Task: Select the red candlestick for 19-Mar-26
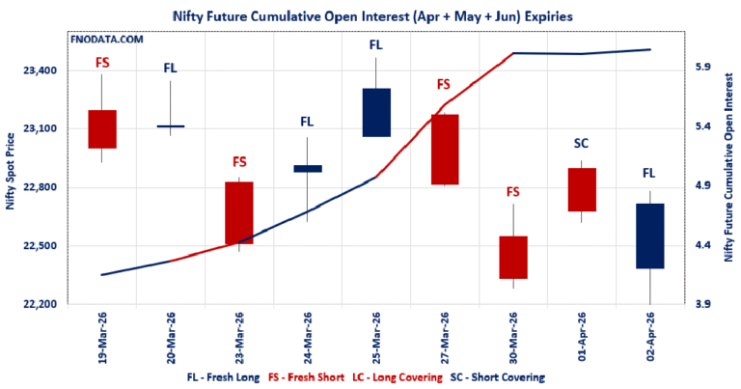(102, 128)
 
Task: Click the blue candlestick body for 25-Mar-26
(375, 112)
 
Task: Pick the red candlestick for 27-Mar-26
(444, 149)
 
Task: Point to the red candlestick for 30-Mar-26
(512, 257)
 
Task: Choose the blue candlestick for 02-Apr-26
(648, 236)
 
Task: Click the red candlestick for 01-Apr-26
(581, 189)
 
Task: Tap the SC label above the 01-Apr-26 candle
(581, 143)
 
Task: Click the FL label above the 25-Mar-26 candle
(375, 44)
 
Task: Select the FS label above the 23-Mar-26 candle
(239, 161)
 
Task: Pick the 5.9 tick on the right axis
(703, 68)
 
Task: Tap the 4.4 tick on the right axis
(703, 245)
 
